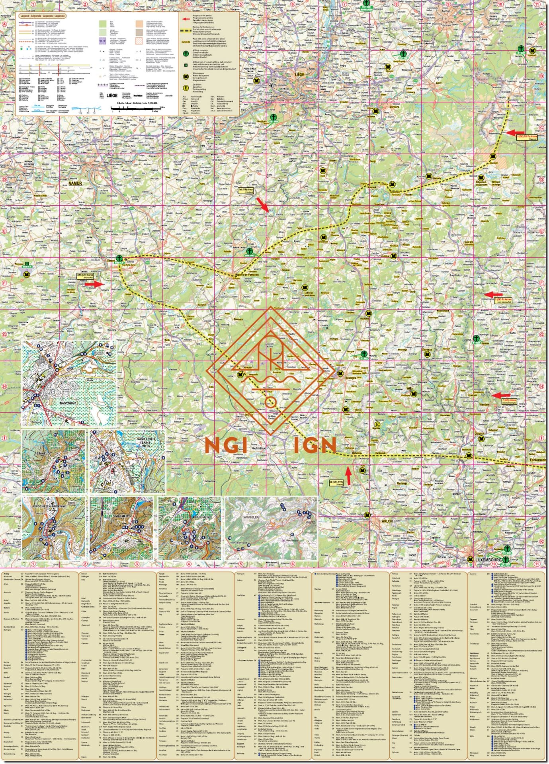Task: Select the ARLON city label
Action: pos(387,520)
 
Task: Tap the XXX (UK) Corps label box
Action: pos(86,275)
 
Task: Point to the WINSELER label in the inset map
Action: pos(251,517)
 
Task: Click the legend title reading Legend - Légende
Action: pos(41,16)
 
